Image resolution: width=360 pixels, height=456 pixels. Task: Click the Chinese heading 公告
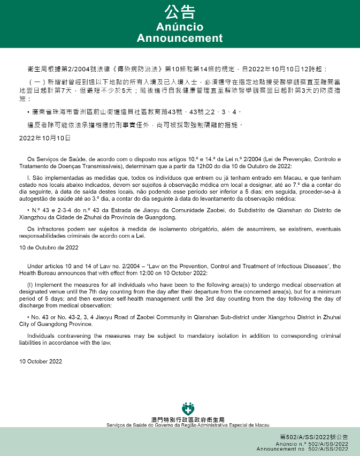180,13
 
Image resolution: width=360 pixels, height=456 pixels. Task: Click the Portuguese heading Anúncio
180,27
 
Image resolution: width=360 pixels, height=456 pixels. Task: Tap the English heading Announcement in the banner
180,38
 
